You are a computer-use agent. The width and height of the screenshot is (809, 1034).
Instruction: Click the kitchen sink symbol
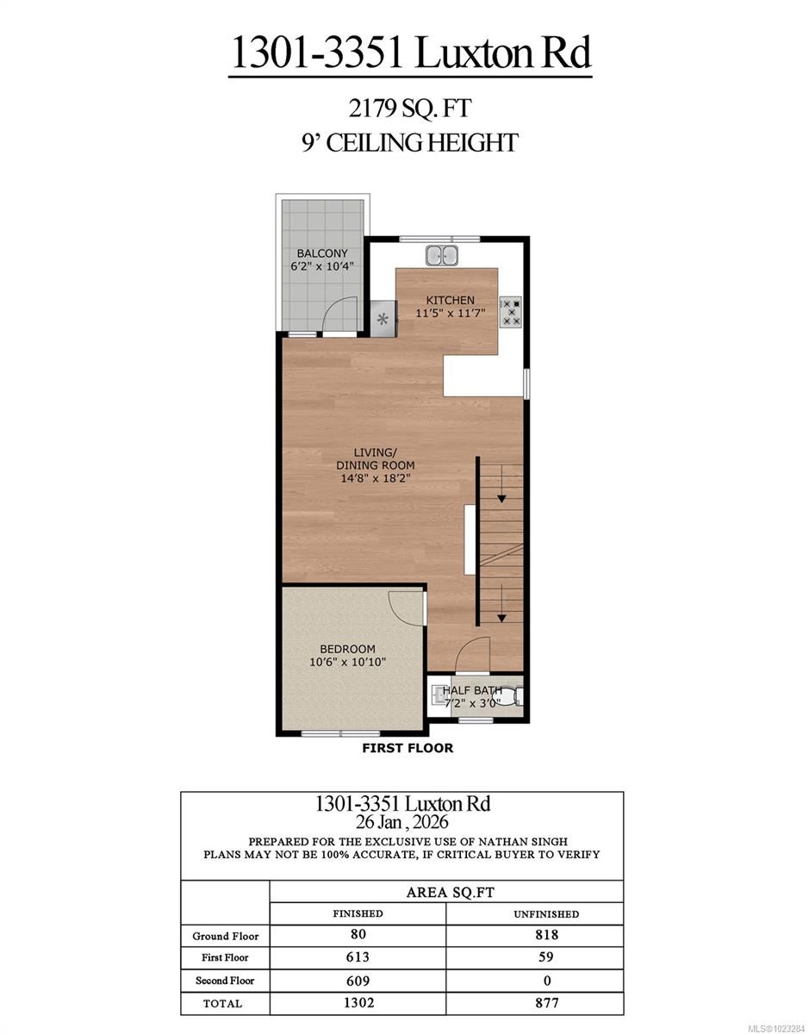[x=443, y=255]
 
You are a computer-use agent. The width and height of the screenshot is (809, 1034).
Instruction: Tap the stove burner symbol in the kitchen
[x=511, y=311]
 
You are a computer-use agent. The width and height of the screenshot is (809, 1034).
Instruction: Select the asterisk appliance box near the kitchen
[x=383, y=320]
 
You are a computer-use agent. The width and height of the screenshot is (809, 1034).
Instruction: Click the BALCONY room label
[x=322, y=253]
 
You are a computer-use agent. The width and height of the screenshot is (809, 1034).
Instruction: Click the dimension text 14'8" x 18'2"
[x=369, y=478]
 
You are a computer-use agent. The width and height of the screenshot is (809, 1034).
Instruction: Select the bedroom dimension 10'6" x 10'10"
[x=347, y=662]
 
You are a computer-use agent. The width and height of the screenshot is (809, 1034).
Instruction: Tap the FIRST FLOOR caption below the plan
[x=408, y=748]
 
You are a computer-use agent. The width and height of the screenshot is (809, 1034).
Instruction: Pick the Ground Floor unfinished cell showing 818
[x=546, y=935]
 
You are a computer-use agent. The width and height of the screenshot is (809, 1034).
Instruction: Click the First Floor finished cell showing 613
[x=358, y=957]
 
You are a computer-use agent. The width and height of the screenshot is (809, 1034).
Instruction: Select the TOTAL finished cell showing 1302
[x=358, y=1003]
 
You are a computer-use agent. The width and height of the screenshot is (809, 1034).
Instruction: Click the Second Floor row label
[x=224, y=981]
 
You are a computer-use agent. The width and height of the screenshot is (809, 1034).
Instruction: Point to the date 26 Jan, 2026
[x=401, y=822]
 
